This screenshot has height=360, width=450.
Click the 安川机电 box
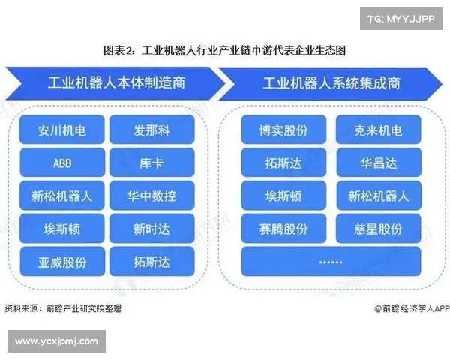click(x=62, y=130)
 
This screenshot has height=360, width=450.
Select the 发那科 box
click(x=151, y=130)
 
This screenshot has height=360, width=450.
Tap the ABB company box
click(x=62, y=163)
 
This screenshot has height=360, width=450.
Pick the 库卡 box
click(x=151, y=163)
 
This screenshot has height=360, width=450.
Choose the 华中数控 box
click(x=151, y=196)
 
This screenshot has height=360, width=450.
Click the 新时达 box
click(x=151, y=229)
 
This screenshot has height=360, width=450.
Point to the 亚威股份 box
click(x=62, y=262)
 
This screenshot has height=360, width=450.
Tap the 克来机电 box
click(x=378, y=130)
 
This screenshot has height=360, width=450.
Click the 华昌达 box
click(x=378, y=163)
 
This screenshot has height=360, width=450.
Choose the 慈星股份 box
click(x=378, y=229)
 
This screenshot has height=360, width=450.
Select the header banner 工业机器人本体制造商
click(x=112, y=82)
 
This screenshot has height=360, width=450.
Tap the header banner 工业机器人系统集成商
click(x=330, y=82)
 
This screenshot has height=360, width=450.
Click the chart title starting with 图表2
click(x=224, y=50)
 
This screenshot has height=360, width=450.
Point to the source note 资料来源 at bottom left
click(x=63, y=307)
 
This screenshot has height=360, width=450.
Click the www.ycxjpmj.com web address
click(x=57, y=341)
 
